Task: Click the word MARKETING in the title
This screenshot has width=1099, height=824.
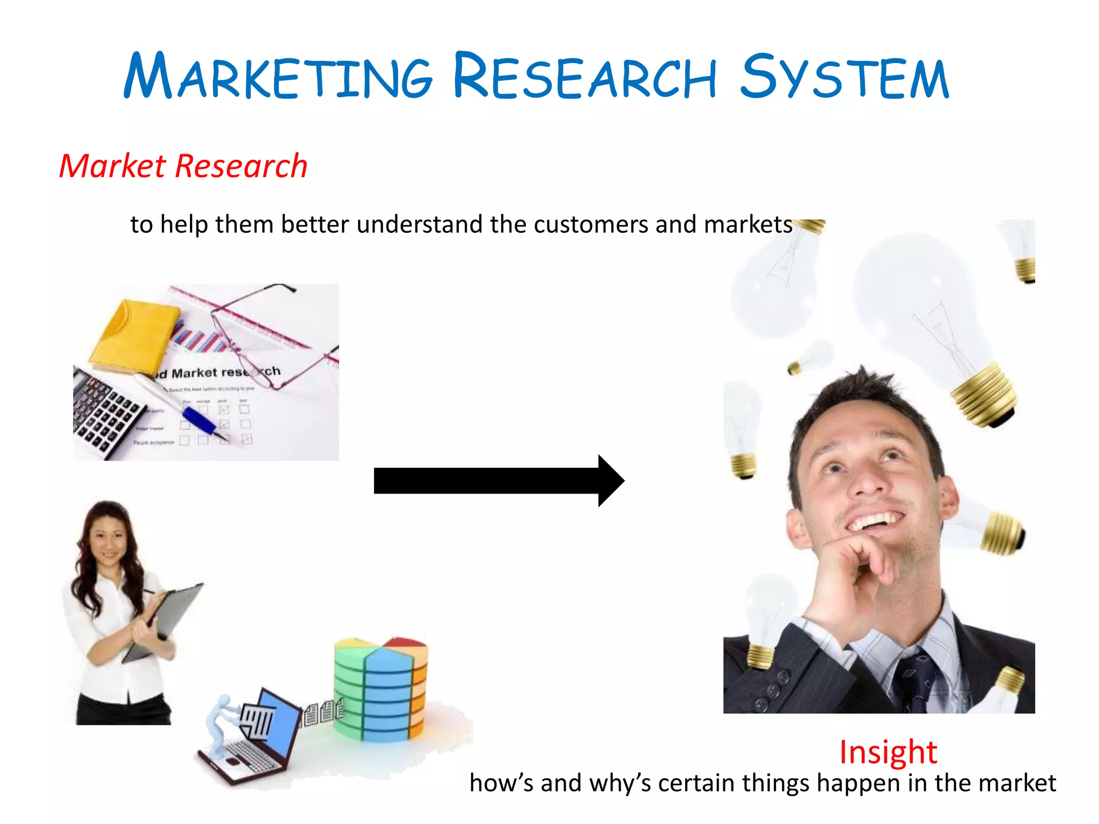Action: (x=278, y=76)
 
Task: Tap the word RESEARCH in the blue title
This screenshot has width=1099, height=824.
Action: (x=585, y=76)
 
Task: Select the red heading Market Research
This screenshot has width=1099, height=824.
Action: (x=183, y=166)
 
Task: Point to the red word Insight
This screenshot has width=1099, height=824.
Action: (x=888, y=752)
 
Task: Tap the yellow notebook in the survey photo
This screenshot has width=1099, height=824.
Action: (x=134, y=335)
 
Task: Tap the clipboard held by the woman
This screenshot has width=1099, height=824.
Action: (x=166, y=617)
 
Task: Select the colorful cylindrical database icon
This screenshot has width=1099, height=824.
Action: (x=381, y=689)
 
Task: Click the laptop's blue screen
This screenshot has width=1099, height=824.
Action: (x=279, y=719)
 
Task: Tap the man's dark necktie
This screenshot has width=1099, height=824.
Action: (x=918, y=681)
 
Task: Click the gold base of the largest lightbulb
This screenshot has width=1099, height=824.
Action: (x=985, y=397)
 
